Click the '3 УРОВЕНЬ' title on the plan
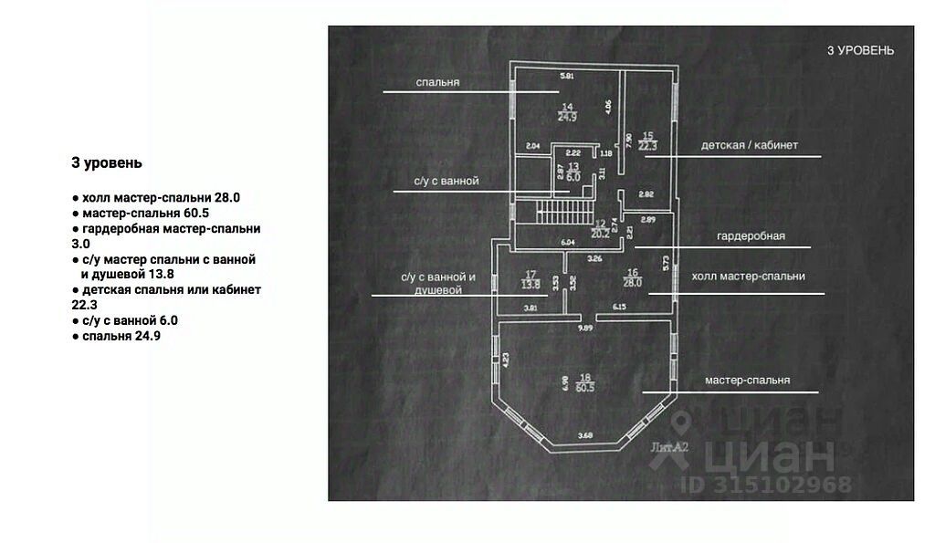click(x=860, y=50)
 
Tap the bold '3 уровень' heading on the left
click(x=107, y=163)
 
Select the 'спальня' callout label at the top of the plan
click(x=437, y=82)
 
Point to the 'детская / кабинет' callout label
click(x=750, y=145)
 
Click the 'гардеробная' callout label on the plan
click(x=751, y=235)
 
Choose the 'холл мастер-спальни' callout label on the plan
click(x=748, y=276)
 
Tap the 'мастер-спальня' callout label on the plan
click(x=747, y=380)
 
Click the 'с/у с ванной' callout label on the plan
click(x=446, y=182)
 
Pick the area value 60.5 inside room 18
click(x=585, y=387)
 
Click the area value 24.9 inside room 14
click(x=567, y=117)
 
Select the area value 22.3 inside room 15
click(x=647, y=145)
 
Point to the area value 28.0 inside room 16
click(x=634, y=283)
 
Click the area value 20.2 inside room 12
click(x=601, y=232)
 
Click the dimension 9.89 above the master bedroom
click(x=585, y=327)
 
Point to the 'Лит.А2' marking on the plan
click(x=669, y=447)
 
